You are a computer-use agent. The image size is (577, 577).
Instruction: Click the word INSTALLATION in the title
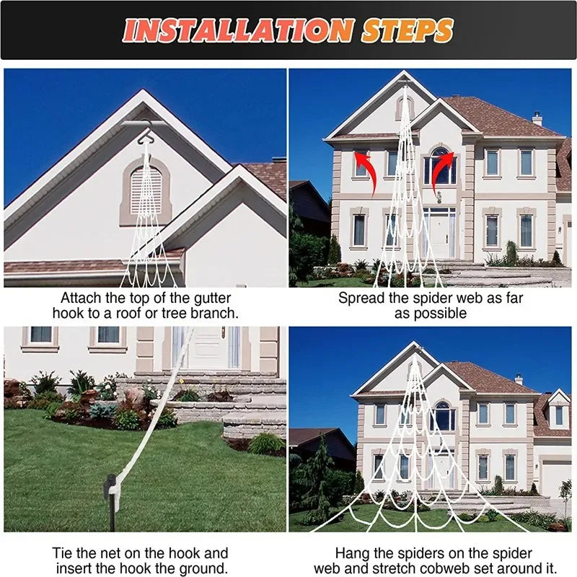(238, 30)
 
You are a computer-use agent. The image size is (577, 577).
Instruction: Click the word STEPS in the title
(408, 30)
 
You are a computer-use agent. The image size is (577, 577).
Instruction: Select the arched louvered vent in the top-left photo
(146, 189)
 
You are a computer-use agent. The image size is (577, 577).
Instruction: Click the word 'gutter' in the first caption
(198, 297)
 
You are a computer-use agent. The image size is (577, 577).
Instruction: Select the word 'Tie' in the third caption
(63, 552)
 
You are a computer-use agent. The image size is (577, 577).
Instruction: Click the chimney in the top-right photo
(537, 118)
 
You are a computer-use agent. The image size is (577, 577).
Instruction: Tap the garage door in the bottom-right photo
(555, 479)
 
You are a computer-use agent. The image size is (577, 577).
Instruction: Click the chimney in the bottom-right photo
(519, 379)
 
